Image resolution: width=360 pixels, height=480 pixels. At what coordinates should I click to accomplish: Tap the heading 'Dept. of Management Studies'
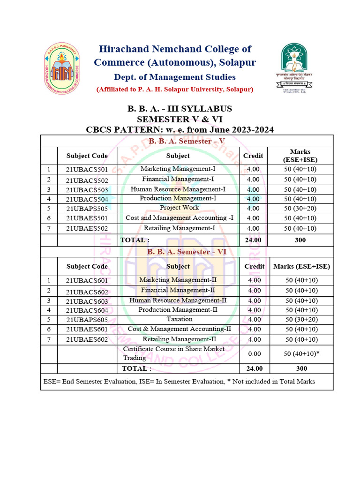click(x=174, y=77)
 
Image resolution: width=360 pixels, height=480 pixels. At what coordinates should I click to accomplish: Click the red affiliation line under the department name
click(x=175, y=89)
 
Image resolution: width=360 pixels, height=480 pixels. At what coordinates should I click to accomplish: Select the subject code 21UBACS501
click(x=87, y=170)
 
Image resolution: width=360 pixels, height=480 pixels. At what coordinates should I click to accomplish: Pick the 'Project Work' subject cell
click(x=179, y=208)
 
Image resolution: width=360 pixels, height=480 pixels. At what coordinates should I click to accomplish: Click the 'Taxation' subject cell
click(x=179, y=319)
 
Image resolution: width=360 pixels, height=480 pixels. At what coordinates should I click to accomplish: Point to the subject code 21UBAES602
click(x=87, y=339)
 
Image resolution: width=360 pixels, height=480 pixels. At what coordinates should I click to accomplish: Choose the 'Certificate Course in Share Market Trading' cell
click(x=174, y=353)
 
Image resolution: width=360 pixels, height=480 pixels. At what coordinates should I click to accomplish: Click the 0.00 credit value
click(x=254, y=354)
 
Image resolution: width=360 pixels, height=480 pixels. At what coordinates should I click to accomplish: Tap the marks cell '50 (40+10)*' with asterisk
click(x=301, y=354)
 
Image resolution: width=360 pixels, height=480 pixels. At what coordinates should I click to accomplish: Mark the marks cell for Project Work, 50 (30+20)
click(x=300, y=208)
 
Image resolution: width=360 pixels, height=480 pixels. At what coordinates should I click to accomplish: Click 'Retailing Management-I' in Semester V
click(x=179, y=228)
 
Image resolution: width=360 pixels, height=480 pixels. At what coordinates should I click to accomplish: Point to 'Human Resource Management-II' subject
click(x=178, y=300)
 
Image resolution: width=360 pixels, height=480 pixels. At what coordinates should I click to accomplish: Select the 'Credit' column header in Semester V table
click(x=253, y=156)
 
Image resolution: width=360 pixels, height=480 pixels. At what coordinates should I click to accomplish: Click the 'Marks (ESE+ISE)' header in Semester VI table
click(x=301, y=266)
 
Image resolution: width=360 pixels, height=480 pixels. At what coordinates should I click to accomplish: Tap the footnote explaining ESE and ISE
click(x=179, y=381)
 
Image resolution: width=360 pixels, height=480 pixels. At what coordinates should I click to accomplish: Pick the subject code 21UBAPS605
click(x=87, y=320)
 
